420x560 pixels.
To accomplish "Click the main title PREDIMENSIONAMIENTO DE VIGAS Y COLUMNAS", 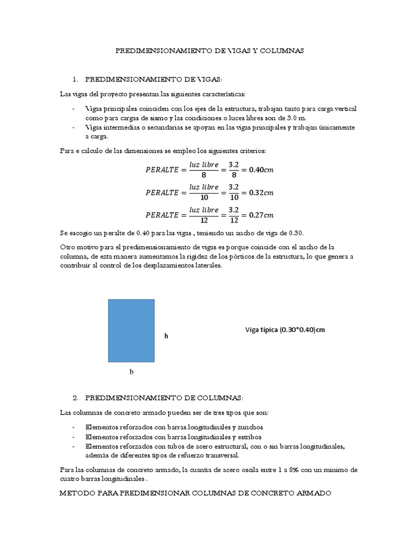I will pyautogui.click(x=209, y=50).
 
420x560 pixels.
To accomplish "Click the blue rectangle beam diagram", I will pyautogui.click(x=131, y=330).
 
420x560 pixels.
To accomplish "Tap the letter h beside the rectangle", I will pyautogui.click(x=166, y=336).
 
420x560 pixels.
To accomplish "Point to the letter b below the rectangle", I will pyautogui.click(x=131, y=372).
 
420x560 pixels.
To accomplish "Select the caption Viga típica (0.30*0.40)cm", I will pyautogui.click(x=288, y=330).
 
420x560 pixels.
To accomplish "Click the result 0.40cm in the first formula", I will pyautogui.click(x=261, y=170).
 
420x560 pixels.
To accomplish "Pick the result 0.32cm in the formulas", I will pyautogui.click(x=261, y=192).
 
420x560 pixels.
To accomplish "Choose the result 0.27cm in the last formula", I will pyautogui.click(x=261, y=215).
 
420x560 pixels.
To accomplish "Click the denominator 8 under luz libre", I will pyautogui.click(x=203, y=176).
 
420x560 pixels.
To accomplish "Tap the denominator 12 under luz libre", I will pyautogui.click(x=203, y=221).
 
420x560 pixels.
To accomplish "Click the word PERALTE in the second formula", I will pyautogui.click(x=162, y=192).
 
